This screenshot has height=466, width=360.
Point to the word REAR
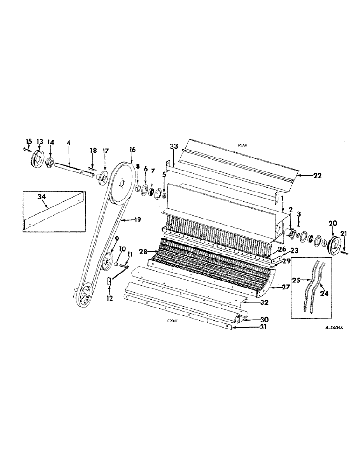point(242,145)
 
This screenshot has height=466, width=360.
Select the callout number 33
point(173,146)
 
